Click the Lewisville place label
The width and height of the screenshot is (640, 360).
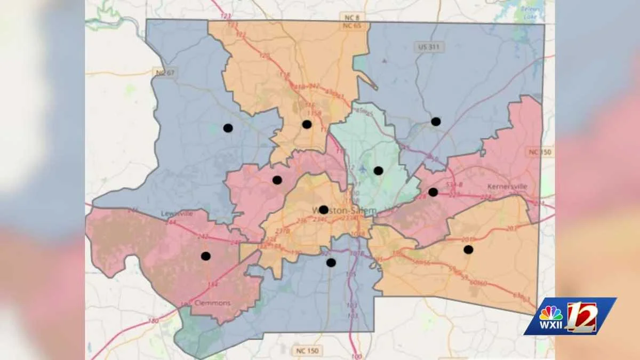coord(177,214)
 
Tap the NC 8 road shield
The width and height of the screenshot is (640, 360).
coord(346,18)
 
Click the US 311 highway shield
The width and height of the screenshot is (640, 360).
coord(429,47)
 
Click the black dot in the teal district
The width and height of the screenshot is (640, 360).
coord(378,171)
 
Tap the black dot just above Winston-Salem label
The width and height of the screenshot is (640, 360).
coord(324,210)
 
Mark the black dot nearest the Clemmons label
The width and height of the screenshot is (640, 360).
coord(206,256)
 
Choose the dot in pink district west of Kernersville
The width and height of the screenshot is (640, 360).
coord(433,192)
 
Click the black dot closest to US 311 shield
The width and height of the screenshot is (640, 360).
coord(436,122)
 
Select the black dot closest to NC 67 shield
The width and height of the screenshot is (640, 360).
coord(228,128)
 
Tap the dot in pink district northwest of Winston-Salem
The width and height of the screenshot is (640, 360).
coord(277,180)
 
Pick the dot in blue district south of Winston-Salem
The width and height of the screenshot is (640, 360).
coord(331,262)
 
